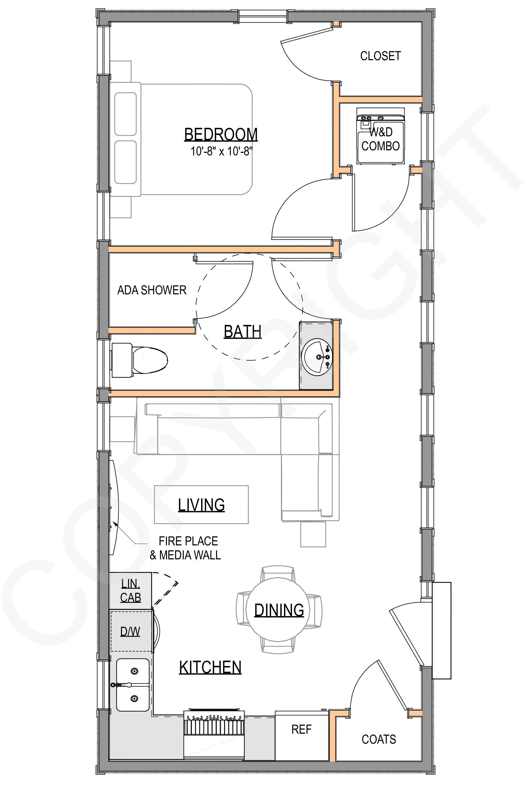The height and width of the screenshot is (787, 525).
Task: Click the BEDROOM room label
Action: (x=221, y=134)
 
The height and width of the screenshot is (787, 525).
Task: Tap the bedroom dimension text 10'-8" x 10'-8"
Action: (x=221, y=151)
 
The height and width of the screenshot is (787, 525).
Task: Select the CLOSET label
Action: (x=380, y=56)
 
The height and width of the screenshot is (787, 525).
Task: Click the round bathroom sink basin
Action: (x=316, y=357)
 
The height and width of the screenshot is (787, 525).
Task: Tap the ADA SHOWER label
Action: (x=152, y=290)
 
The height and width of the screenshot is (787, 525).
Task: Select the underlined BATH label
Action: (x=242, y=331)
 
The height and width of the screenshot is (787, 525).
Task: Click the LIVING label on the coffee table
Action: (x=201, y=505)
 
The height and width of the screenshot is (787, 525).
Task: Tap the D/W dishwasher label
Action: (x=130, y=632)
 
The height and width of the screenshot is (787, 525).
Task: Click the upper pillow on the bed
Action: (x=126, y=114)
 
